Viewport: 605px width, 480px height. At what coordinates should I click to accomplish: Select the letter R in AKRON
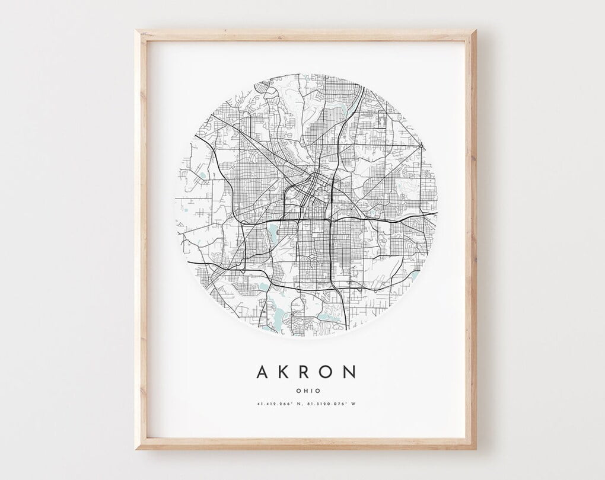point(305,372)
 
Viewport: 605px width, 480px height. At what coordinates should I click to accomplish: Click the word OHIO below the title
point(307,391)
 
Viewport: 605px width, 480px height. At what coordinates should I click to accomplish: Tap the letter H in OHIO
point(304,391)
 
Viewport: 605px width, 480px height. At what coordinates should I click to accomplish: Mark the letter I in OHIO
point(310,391)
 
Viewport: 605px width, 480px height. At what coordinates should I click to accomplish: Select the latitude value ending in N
point(279,404)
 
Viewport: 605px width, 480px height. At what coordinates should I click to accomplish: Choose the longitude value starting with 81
point(324,404)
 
